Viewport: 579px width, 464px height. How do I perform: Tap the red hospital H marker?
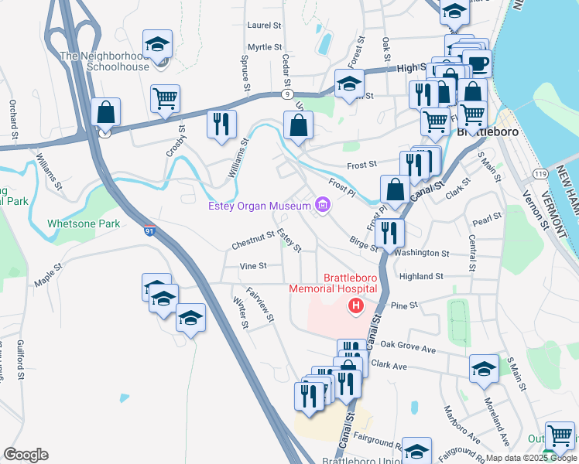pyautogui.click(x=356, y=307)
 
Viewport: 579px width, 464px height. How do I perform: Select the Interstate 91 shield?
pyautogui.click(x=150, y=230)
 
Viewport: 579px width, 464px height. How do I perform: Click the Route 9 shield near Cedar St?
pyautogui.click(x=286, y=95)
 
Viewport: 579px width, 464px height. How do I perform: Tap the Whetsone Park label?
pyautogui.click(x=84, y=223)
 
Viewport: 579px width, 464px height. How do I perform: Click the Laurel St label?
pyautogui.click(x=264, y=26)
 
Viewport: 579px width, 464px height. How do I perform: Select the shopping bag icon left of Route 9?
pyautogui.click(x=106, y=113)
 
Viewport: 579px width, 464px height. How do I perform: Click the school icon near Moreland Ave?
pyautogui.click(x=484, y=369)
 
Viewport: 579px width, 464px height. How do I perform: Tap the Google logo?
pyautogui.click(x=26, y=455)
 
